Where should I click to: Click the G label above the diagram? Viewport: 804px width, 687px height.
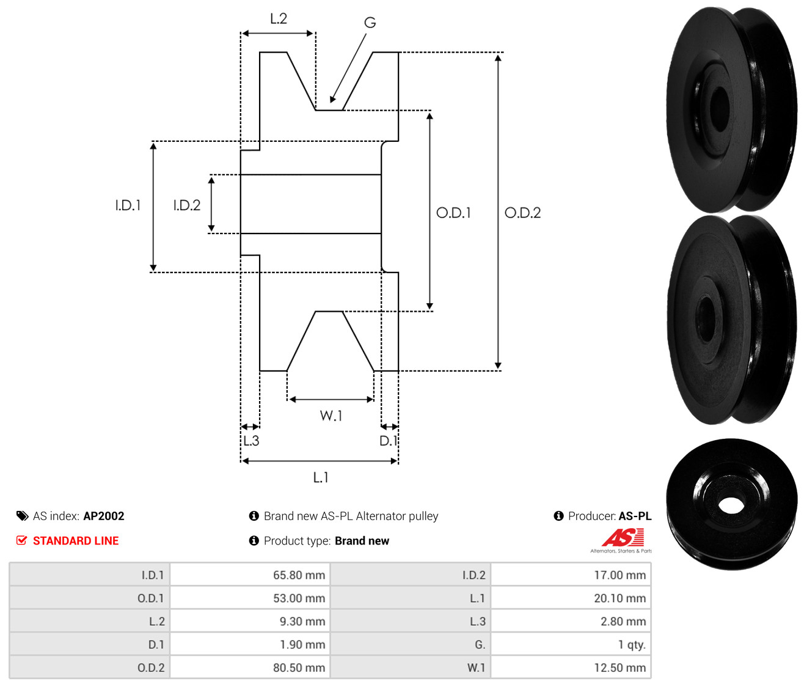point(370,23)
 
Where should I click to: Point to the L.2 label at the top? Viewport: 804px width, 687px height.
point(279,19)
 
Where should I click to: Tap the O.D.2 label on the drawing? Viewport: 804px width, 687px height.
point(522,213)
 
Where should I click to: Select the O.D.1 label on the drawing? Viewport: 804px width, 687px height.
point(453,213)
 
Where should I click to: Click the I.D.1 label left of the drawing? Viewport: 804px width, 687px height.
point(128,205)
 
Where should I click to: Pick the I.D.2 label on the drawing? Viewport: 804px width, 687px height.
point(187,205)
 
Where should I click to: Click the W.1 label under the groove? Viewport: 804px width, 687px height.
point(331,416)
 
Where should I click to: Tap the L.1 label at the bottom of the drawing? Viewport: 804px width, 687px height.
point(321,477)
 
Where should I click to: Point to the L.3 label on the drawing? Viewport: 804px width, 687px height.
point(251,441)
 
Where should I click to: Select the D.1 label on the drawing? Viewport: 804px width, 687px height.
point(388,441)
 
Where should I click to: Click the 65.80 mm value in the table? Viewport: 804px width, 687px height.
point(299,575)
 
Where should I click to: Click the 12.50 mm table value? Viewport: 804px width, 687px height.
point(619,667)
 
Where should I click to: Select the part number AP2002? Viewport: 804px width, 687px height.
point(104,516)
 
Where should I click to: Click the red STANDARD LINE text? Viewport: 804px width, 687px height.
point(76,541)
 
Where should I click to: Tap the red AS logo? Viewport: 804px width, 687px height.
point(623,537)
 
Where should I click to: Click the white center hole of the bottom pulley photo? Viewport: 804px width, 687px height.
point(731,505)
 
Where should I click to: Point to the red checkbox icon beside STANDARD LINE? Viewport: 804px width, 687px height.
point(22,540)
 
